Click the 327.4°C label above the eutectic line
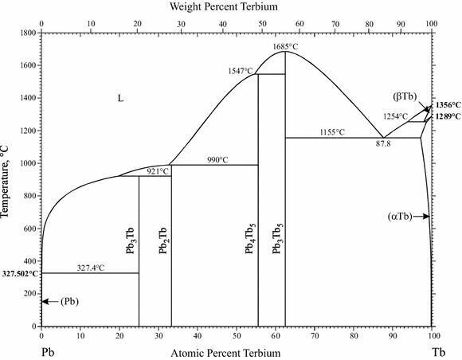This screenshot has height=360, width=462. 91,268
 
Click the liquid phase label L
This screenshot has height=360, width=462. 121,98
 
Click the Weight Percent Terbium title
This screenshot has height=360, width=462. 237,7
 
